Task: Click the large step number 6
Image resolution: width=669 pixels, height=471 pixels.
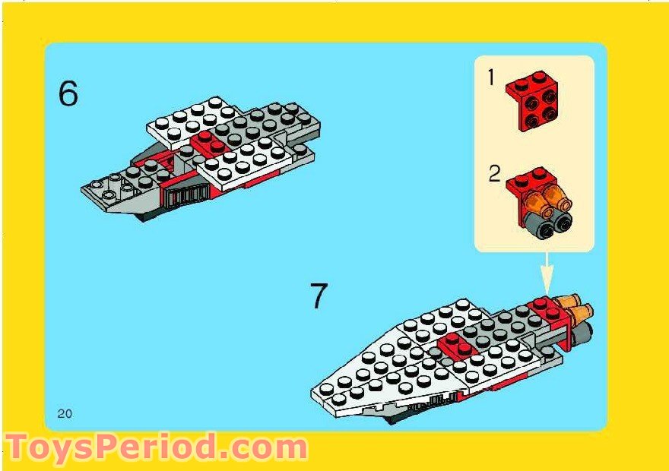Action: pyautogui.click(x=68, y=94)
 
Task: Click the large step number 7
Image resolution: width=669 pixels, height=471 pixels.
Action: pyautogui.click(x=318, y=296)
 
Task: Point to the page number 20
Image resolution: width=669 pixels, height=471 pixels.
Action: pyautogui.click(x=64, y=413)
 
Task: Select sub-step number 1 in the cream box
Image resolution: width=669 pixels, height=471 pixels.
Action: pyautogui.click(x=491, y=77)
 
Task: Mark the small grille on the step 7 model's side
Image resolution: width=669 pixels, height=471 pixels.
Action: pyautogui.click(x=436, y=400)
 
